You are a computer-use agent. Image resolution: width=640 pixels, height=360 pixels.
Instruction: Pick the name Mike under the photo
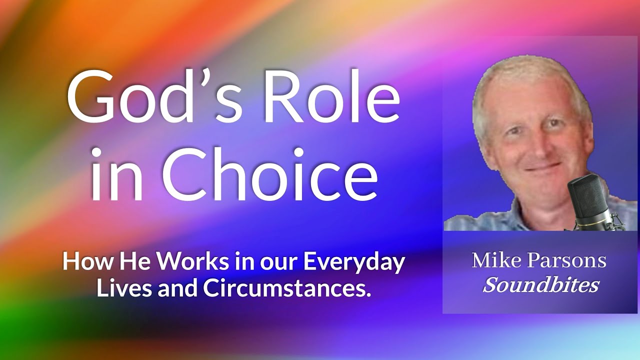(493, 260)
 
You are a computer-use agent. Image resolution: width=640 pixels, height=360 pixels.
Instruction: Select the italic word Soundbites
(541, 285)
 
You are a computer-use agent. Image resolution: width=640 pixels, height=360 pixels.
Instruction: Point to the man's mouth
(536, 167)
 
